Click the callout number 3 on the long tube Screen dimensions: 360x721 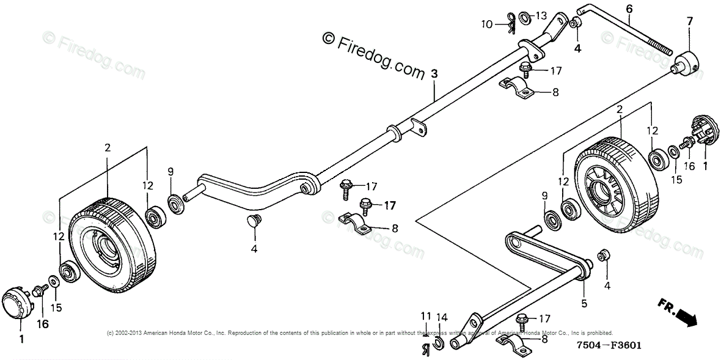(434, 74)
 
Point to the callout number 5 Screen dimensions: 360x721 (584, 303)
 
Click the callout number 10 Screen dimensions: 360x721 (486, 24)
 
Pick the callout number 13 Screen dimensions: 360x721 (541, 15)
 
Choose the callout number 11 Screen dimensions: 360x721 (425, 315)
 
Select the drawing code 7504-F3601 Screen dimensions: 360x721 (607, 346)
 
